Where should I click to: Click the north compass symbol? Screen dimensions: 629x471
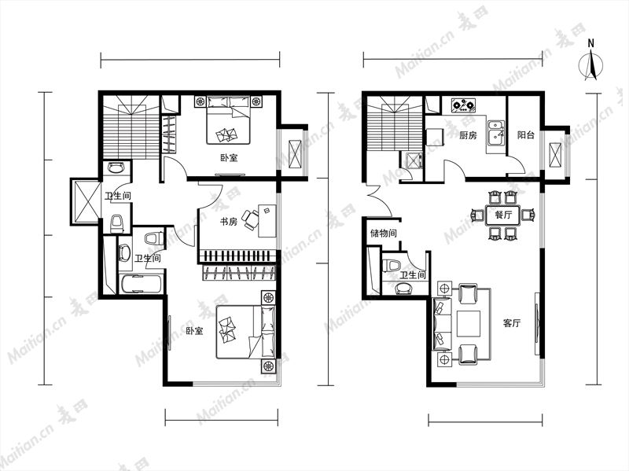tap(591, 64)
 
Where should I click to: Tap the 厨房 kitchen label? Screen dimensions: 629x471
tap(468, 135)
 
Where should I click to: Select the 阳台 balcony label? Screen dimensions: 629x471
tap(525, 135)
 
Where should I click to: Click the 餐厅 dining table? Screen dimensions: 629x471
tap(503, 215)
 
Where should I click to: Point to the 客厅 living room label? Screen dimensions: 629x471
tap(512, 323)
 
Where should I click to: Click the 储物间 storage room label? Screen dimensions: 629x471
tap(384, 233)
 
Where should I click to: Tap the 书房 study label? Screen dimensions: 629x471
tap(229, 221)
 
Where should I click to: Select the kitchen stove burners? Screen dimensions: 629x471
tap(463, 105)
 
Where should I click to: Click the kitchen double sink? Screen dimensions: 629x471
tap(496, 132)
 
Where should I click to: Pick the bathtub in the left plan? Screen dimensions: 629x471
tap(142, 283)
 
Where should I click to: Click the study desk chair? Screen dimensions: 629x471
tap(250, 220)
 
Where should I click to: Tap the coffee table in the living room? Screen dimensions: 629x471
tap(468, 323)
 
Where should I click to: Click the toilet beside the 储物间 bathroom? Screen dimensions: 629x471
tap(392, 266)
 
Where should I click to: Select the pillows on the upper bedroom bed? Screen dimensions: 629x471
tap(228, 102)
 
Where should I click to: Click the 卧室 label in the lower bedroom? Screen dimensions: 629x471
tap(194, 331)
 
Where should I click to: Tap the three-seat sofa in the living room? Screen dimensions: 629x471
tap(441, 323)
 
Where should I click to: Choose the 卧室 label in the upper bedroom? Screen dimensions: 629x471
tap(229, 158)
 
